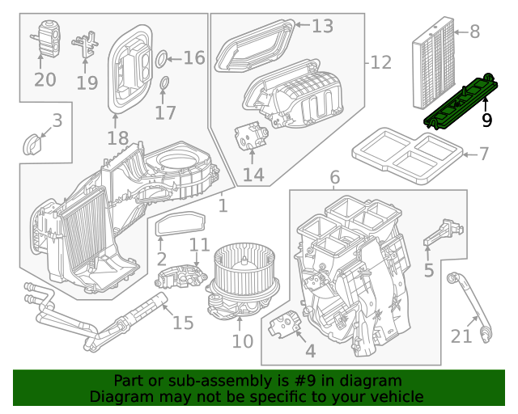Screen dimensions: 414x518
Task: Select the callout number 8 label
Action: pos(474,32)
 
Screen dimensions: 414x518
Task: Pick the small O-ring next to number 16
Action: pos(160,57)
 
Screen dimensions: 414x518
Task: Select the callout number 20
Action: pos(45,79)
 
